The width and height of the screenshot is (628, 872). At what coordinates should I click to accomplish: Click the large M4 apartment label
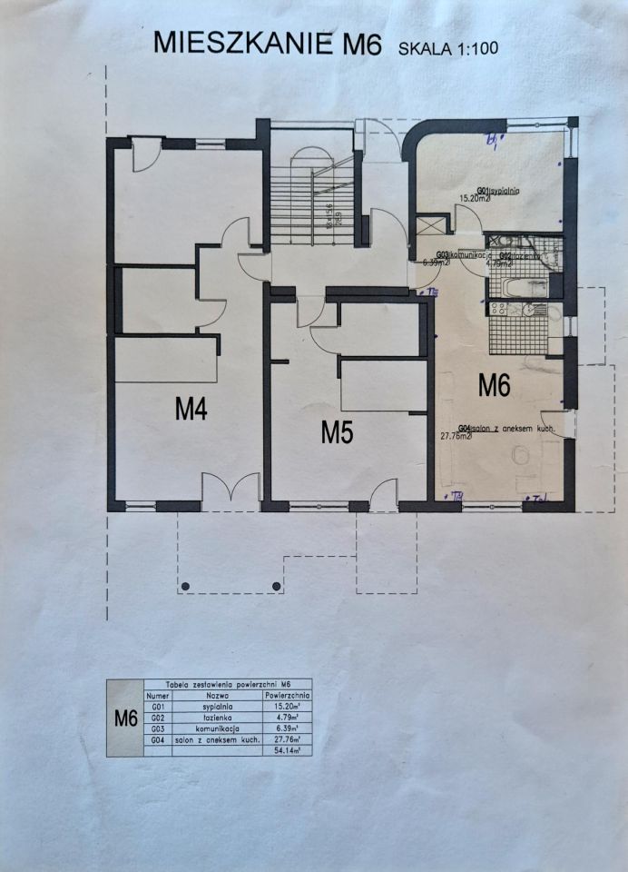(x=191, y=411)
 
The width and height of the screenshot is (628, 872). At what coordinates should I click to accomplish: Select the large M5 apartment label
(x=337, y=432)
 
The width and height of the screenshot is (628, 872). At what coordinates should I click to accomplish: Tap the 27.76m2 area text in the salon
(x=455, y=436)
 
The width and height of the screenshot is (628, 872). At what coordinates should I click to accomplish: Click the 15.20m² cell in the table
(x=287, y=704)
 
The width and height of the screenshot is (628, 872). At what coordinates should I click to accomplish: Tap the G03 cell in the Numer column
(x=158, y=728)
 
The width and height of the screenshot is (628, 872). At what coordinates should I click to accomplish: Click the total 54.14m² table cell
(x=287, y=750)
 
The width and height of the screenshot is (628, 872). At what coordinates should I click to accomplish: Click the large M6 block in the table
(x=124, y=718)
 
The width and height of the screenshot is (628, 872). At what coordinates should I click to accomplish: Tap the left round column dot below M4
(x=186, y=584)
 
